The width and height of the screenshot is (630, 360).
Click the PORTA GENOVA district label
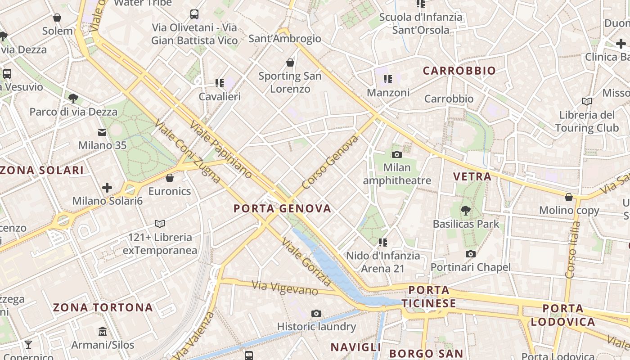click(282, 208)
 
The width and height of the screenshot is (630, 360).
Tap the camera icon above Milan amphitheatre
click(396, 155)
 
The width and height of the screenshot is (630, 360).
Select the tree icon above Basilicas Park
click(466, 210)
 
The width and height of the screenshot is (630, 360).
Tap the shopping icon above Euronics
click(170, 178)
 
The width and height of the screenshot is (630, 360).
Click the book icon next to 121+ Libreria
click(160, 224)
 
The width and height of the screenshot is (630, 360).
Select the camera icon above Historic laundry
click(316, 313)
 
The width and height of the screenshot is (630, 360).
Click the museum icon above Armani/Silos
click(103, 332)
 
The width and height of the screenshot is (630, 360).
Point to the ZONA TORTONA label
click(103, 308)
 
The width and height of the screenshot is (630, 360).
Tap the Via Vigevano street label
click(285, 288)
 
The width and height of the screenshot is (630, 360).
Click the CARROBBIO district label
click(459, 71)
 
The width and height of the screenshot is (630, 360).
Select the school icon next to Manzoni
click(388, 80)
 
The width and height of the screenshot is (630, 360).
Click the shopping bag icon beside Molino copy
click(569, 197)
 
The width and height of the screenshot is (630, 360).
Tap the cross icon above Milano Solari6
click(107, 187)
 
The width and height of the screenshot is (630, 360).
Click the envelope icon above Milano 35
click(102, 132)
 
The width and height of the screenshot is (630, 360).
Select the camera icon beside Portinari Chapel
click(470, 254)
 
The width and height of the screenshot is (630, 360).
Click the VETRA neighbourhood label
click(472, 176)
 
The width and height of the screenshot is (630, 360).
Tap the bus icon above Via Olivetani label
click(194, 14)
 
